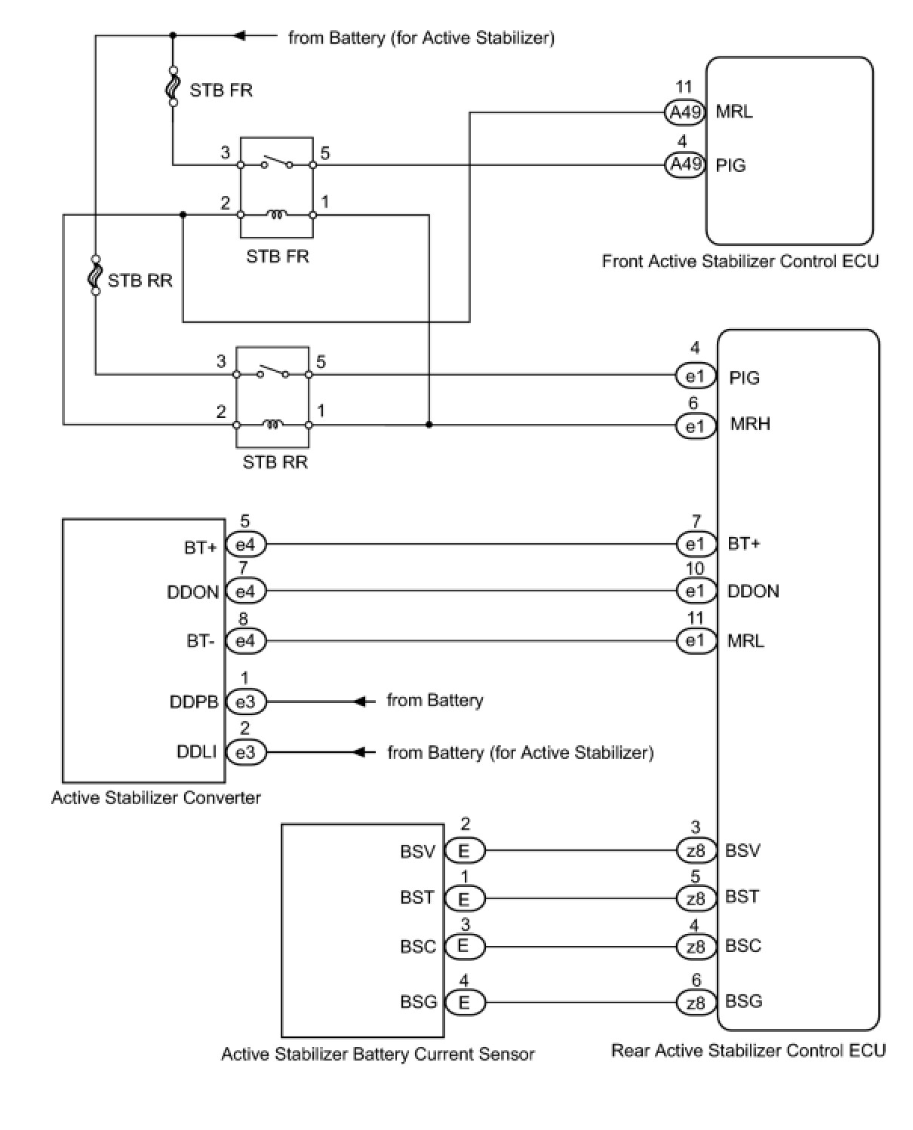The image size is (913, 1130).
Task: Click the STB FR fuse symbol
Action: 173,86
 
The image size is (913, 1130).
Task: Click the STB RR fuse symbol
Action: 96,275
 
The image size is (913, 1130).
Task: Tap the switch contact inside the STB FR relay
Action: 276,162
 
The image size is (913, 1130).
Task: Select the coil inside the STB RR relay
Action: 272,424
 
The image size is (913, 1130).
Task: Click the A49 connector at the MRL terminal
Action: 685,112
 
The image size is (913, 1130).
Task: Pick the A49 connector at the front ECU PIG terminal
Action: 685,164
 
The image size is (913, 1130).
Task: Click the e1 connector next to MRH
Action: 695,425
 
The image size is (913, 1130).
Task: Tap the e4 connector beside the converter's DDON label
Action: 246,591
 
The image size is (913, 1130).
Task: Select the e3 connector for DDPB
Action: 246,702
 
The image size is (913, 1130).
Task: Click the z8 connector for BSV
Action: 696,850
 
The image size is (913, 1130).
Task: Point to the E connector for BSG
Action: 464,1003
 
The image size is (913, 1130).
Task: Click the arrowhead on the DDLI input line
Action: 360,752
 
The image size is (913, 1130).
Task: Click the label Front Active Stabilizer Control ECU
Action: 739,261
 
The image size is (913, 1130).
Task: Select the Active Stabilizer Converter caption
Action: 156,798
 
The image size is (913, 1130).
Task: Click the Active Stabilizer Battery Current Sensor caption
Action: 378,1054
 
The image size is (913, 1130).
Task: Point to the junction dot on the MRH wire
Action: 429,425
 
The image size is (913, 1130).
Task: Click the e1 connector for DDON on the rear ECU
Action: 696,591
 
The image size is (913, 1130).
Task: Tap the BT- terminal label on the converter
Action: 200,641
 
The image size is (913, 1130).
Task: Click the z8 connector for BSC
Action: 696,947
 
